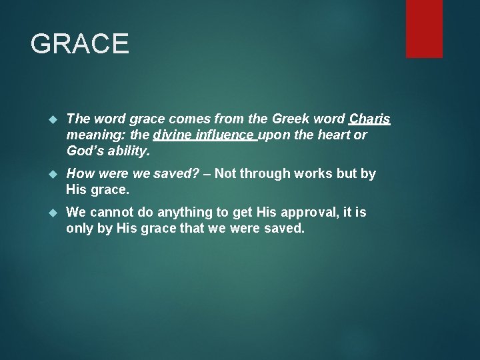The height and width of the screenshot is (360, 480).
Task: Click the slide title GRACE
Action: point(79,44)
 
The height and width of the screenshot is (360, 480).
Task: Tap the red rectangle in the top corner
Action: point(424,28)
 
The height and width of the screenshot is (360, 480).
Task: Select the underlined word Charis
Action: point(369,119)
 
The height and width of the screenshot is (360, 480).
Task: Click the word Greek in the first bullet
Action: point(291,119)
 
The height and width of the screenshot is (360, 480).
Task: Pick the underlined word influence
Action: point(223,135)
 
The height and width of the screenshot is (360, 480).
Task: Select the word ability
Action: point(129,151)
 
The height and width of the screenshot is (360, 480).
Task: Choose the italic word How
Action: point(80,174)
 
